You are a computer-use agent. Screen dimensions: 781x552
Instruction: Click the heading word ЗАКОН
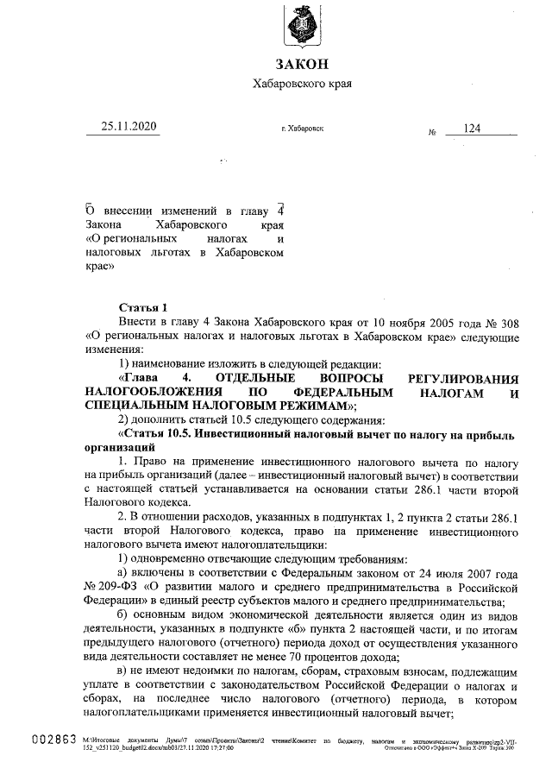click(301, 64)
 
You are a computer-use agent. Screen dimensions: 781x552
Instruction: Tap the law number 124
click(472, 128)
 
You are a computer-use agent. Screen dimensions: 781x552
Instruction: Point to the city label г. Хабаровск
click(302, 129)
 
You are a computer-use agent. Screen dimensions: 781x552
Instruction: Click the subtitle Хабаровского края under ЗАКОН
click(301, 84)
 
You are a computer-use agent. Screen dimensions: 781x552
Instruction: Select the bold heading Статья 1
click(143, 306)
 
